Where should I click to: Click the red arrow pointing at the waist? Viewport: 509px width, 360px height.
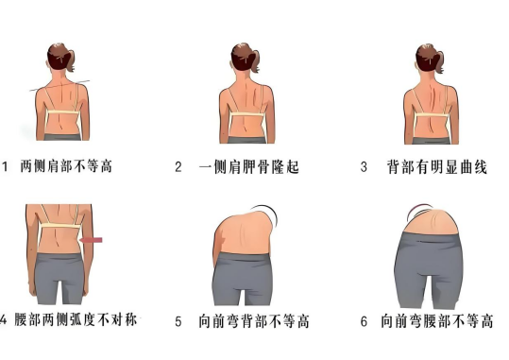(x=91, y=240)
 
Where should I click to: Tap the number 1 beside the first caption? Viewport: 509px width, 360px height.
(x=5, y=167)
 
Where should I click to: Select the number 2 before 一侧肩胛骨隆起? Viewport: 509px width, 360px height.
(x=178, y=167)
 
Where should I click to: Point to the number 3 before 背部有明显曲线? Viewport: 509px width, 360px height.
(x=364, y=167)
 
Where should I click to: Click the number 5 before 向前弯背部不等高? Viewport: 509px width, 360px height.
(x=178, y=321)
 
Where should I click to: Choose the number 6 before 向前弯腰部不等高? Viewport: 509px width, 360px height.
(x=364, y=321)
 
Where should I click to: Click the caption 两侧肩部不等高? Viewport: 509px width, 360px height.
(x=66, y=166)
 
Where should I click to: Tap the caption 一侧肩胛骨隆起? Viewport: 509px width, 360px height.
(x=248, y=167)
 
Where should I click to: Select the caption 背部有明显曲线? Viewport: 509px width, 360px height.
(x=437, y=167)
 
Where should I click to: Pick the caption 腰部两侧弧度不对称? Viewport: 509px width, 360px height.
(x=76, y=320)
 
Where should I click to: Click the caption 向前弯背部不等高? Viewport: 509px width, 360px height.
(x=254, y=321)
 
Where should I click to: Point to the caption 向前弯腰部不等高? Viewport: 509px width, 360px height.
(x=437, y=321)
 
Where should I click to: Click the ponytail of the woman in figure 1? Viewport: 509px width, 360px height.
(x=71, y=60)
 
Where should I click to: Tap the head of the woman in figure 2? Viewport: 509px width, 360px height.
(x=243, y=58)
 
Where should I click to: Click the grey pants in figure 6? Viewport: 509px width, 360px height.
(x=429, y=268)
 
